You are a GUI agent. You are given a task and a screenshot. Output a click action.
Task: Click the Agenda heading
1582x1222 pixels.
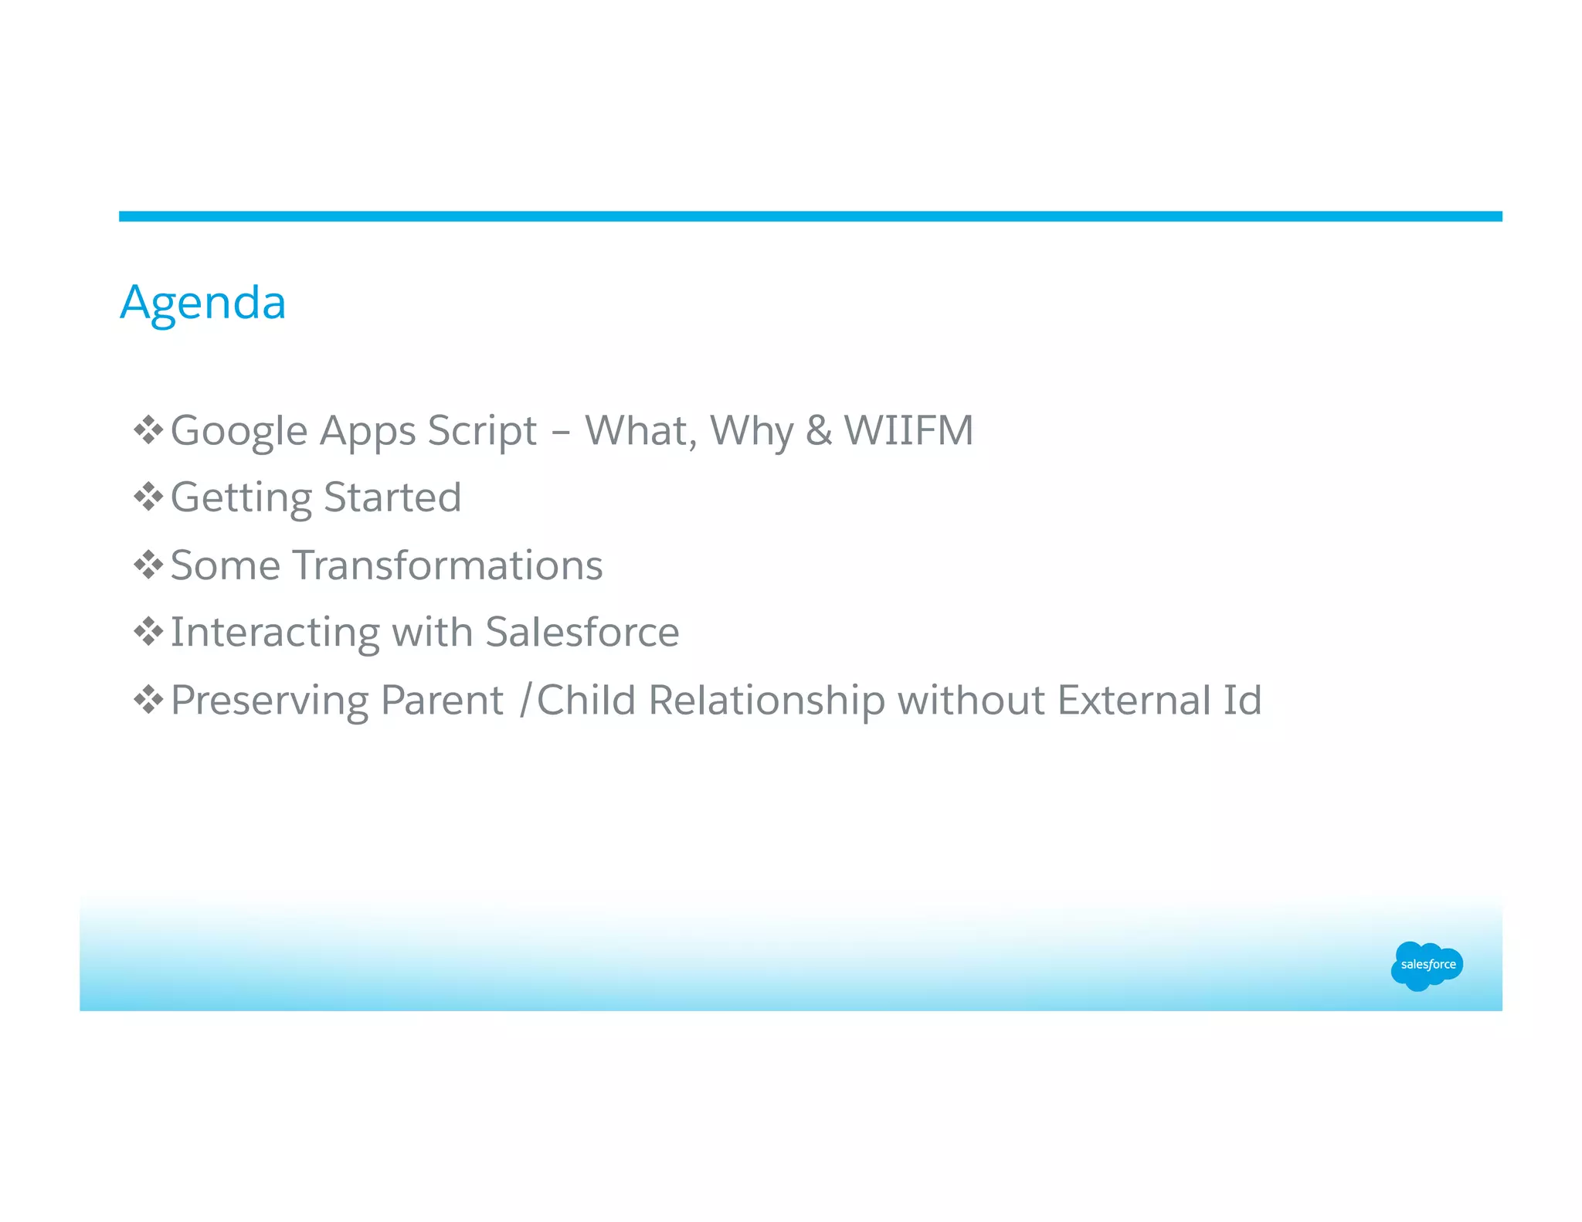click(203, 303)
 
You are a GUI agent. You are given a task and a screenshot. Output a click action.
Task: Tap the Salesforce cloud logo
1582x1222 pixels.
click(1427, 965)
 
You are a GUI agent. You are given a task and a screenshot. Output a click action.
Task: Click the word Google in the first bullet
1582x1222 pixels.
click(239, 431)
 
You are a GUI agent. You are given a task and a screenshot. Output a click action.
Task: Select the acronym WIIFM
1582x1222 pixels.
click(908, 431)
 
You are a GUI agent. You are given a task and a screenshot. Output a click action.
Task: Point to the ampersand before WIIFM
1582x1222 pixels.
click(819, 431)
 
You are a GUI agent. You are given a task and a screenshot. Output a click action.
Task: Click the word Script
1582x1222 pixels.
click(482, 431)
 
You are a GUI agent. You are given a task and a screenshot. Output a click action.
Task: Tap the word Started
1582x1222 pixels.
click(392, 497)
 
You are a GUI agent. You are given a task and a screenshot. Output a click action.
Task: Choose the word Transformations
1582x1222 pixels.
click(448, 565)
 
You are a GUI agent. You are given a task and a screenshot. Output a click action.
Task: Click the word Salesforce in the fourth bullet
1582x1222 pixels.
click(582, 632)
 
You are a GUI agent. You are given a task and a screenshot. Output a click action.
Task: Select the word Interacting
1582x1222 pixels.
click(274, 632)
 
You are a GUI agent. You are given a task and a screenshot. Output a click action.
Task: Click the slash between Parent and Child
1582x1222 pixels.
click(525, 701)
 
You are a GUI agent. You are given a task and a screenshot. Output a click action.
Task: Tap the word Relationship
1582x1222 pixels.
click(766, 701)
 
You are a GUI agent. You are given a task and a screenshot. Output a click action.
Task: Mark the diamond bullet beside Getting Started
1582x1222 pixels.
click(148, 497)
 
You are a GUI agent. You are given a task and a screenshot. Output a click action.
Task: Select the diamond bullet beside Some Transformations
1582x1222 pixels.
click(148, 565)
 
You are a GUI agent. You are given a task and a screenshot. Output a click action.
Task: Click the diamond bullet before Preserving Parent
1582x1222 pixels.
click(148, 701)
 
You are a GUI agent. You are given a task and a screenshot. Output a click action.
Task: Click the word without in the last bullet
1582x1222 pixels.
click(971, 701)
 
